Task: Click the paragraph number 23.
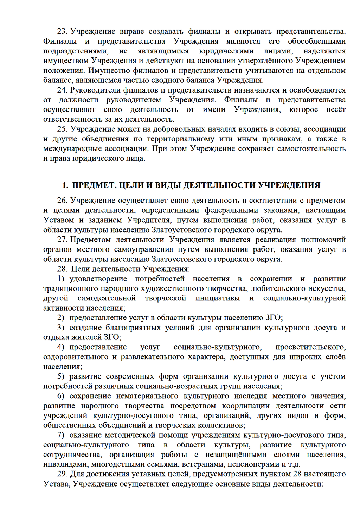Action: [62, 31]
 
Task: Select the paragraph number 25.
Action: [62, 129]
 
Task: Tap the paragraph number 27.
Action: [62, 240]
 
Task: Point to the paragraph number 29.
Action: [62, 474]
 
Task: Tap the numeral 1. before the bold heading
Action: [65, 185]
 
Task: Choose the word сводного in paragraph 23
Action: [185, 80]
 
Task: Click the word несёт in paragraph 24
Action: [336, 109]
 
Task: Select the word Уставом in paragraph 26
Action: [58, 220]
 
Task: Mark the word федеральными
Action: [230, 210]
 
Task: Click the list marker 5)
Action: [61, 376]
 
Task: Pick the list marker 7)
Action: [61, 435]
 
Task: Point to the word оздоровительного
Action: [76, 357]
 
